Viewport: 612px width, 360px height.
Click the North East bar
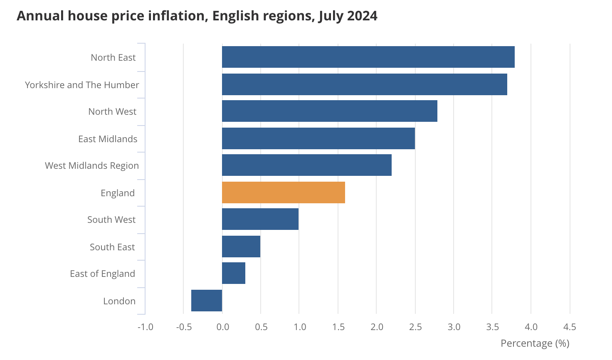[x=368, y=57]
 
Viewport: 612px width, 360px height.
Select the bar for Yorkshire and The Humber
[x=364, y=84]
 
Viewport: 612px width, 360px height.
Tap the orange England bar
[x=283, y=192]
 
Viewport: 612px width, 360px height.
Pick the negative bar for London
[x=207, y=301]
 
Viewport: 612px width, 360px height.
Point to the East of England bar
[x=234, y=273]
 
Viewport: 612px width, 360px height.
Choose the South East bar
[x=241, y=247]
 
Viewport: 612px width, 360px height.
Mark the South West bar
[x=260, y=219]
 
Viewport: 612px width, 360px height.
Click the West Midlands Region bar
[x=307, y=165]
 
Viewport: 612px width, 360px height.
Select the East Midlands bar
[x=318, y=138]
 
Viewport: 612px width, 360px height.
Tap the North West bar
[x=330, y=111]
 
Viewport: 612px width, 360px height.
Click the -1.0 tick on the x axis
[x=146, y=327]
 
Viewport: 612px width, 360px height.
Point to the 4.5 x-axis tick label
[x=570, y=327]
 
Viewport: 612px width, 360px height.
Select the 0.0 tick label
[x=222, y=327]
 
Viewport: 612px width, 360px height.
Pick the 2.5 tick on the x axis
[x=415, y=327]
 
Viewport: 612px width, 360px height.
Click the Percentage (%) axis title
[x=535, y=343]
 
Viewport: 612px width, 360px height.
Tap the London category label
[x=119, y=301]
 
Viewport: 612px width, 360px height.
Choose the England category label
[x=118, y=193]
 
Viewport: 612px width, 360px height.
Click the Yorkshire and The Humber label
[x=82, y=85]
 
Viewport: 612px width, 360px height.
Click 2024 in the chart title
[x=362, y=16]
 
